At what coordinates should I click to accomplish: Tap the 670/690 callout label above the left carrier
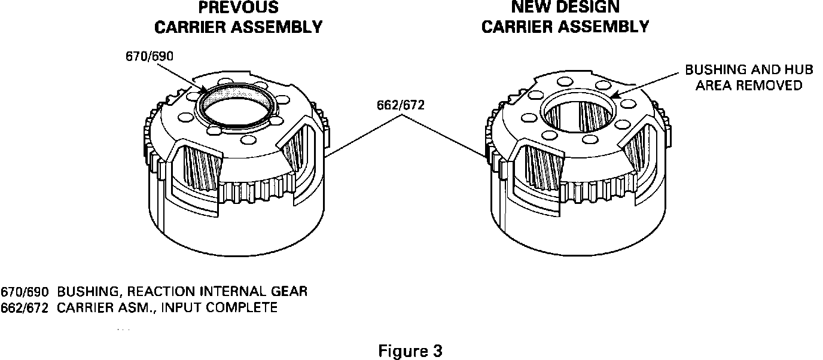click(x=147, y=57)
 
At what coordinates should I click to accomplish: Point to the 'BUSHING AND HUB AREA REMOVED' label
click(x=748, y=78)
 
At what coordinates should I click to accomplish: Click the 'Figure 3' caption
click(x=410, y=350)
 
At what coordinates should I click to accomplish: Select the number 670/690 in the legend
click(x=25, y=292)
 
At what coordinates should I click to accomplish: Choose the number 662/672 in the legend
click(x=25, y=307)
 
